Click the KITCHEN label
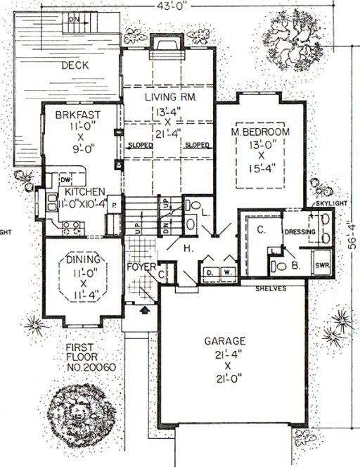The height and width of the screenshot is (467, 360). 86,191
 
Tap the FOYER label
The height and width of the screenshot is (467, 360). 141,267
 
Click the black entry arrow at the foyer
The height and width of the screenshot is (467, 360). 146,307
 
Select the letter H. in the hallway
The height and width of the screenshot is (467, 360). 189,249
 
